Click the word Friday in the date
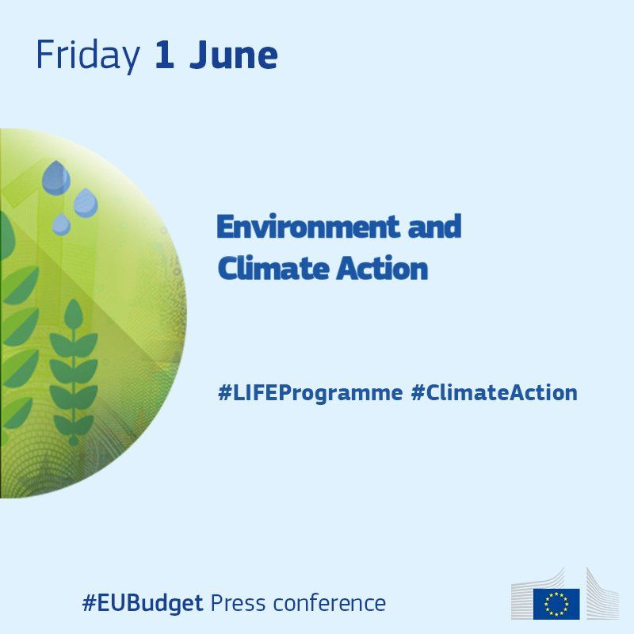click(88, 56)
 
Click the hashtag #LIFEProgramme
click(310, 393)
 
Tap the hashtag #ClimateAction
click(494, 392)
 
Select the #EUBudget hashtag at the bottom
click(143, 603)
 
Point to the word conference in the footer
click(330, 602)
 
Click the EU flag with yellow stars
click(556, 604)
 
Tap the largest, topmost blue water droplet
click(56, 178)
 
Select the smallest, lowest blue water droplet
click(62, 225)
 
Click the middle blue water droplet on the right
click(86, 203)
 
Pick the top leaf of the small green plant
click(74, 313)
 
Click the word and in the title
click(434, 226)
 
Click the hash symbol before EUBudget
click(90, 603)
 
